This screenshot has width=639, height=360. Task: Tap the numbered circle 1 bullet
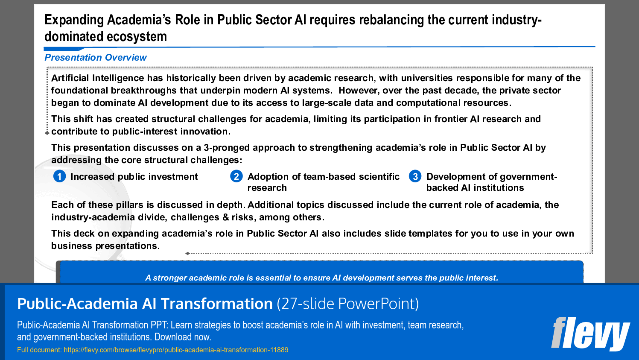pos(59,176)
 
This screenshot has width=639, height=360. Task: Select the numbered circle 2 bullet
pos(236,176)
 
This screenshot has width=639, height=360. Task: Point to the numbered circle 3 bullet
pos(415,176)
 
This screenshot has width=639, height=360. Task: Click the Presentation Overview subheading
pos(96,58)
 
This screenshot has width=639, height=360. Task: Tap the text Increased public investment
pos(134,177)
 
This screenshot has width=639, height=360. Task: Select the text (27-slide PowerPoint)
pos(347,304)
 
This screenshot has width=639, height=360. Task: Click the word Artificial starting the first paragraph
pos(70,78)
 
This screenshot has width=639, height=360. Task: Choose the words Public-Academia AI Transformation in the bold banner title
pos(145,304)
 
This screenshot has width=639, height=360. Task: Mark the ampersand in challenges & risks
pos(225,217)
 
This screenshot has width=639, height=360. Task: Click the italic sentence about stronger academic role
pos(321,278)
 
